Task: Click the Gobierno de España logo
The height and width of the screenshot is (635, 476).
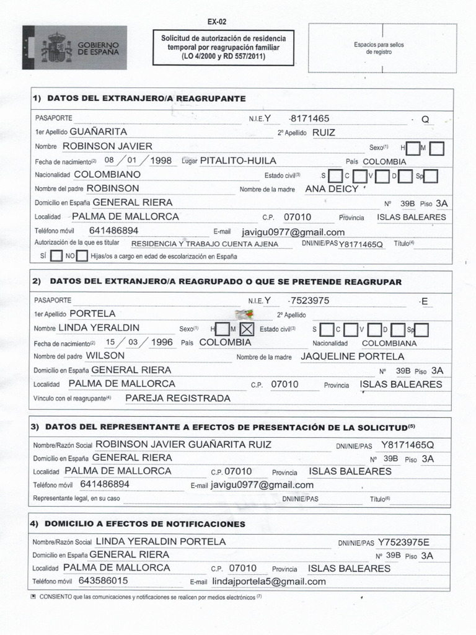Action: click(74, 47)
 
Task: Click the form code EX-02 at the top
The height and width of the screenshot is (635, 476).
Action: click(217, 21)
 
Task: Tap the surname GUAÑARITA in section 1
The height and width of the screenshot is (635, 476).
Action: click(99, 132)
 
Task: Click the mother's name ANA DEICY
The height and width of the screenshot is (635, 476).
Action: click(333, 189)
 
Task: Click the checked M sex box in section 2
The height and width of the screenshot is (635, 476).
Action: click(246, 329)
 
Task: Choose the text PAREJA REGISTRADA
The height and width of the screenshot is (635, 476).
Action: click(177, 398)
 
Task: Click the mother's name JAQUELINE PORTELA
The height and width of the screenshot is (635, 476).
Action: click(352, 357)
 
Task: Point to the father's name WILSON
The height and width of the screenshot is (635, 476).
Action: click(105, 356)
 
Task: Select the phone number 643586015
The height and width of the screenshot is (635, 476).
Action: click(104, 581)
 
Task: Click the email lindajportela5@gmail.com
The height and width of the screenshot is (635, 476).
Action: click(268, 582)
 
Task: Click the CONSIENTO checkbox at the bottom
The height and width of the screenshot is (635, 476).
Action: click(33, 597)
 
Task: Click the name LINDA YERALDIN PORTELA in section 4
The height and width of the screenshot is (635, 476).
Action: click(161, 541)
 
